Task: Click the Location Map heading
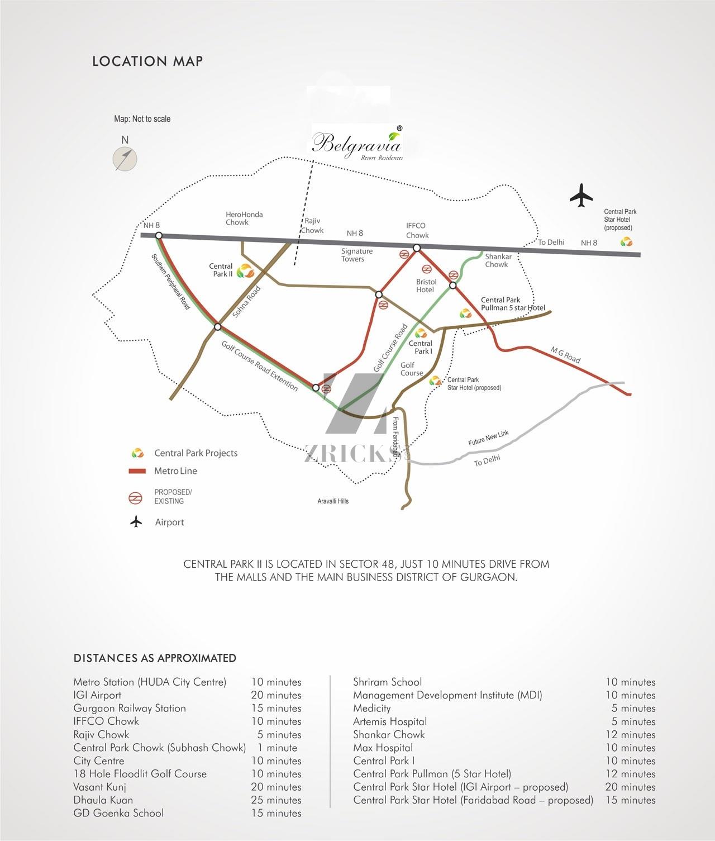tap(147, 61)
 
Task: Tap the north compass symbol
tap(125, 158)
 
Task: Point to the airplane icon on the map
tap(581, 196)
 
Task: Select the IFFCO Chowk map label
tap(417, 230)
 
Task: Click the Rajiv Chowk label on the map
tap(312, 226)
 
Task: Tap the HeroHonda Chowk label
tap(244, 218)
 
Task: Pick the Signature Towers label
tap(356, 255)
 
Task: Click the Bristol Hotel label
tap(426, 286)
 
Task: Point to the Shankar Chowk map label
tap(498, 260)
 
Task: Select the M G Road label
tap(565, 355)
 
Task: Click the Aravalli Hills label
tap(333, 501)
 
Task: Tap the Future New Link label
tap(488, 438)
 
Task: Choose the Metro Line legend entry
tap(163, 471)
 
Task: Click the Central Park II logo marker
tap(245, 271)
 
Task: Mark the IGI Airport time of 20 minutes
tap(276, 695)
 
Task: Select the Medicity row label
tap(371, 708)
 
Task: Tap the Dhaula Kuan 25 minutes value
tap(276, 800)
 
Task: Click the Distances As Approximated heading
tap(155, 658)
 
